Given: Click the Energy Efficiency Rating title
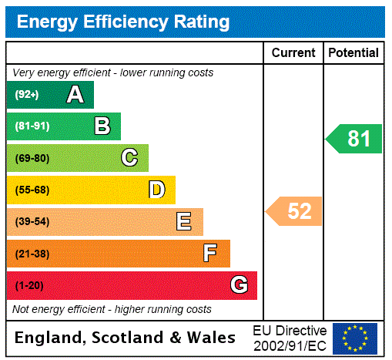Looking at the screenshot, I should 123,22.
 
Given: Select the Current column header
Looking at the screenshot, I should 293,53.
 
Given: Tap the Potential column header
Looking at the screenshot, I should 353,53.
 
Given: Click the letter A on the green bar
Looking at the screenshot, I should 75,95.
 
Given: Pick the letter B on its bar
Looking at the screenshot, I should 102,126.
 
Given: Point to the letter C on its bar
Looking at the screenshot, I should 129,158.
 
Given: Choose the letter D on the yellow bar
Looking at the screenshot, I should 156,190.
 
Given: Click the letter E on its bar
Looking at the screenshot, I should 184,222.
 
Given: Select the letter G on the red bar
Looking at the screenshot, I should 239,285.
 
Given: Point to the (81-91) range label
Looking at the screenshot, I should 32,126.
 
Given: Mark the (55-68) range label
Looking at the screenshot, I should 32,190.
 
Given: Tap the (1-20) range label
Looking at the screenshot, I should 29,286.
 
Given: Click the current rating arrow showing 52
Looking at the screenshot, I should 295,211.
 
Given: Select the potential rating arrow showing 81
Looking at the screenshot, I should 355,139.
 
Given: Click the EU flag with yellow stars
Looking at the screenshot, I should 355,338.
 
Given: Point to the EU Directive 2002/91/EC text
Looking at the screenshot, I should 290,338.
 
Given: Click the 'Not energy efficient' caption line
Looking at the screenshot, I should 112,309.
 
